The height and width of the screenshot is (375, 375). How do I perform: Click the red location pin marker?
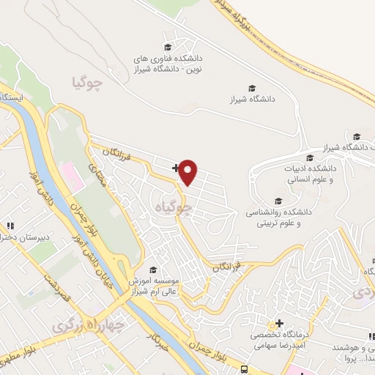click(x=188, y=172)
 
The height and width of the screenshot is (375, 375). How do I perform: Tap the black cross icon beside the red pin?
click(x=175, y=168)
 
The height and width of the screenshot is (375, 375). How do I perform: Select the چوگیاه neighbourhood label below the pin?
click(x=174, y=209)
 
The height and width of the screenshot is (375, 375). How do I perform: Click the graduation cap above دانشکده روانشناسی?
click(x=278, y=201)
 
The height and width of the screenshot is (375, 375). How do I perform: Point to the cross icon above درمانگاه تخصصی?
click(x=279, y=323)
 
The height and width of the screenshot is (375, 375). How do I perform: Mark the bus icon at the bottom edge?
click(x=242, y=369)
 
